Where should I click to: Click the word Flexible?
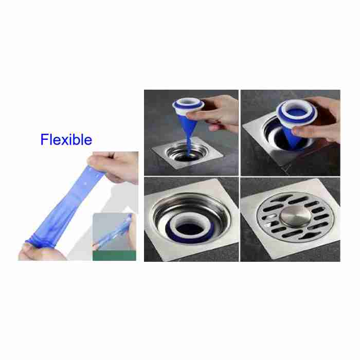[x=66, y=139]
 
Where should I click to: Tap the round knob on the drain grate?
[x=295, y=216]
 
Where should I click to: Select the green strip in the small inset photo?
[x=114, y=256]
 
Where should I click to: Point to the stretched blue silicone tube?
[x=66, y=207]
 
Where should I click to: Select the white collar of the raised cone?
[x=188, y=106]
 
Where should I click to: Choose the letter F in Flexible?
[x=45, y=139]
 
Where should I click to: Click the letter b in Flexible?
[x=75, y=139]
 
